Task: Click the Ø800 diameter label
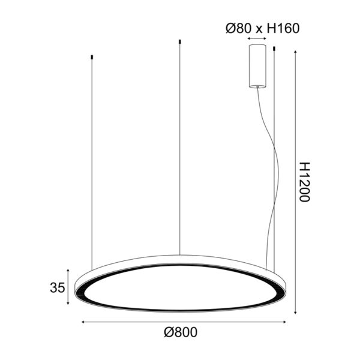180,332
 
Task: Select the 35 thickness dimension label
57,288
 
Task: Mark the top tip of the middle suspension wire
180,41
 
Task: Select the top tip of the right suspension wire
274,48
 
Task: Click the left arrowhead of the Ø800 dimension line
83,322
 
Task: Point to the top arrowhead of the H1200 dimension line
296,53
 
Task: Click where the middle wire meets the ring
180,254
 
